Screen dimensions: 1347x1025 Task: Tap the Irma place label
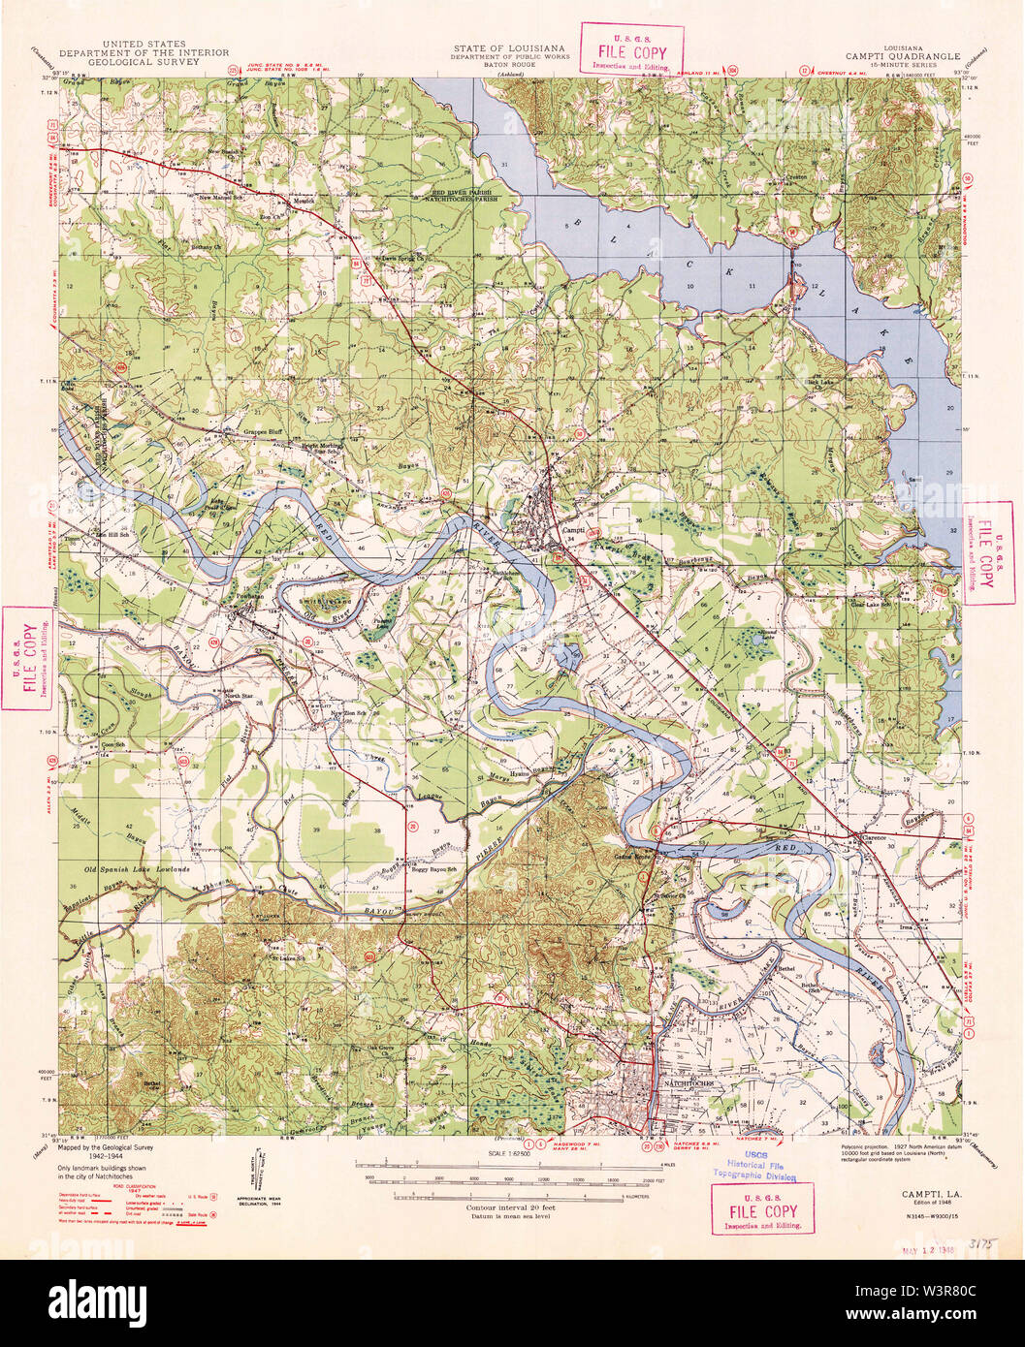pyautogui.click(x=907, y=926)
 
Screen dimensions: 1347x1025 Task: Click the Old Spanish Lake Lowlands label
pyautogui.click(x=136, y=870)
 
